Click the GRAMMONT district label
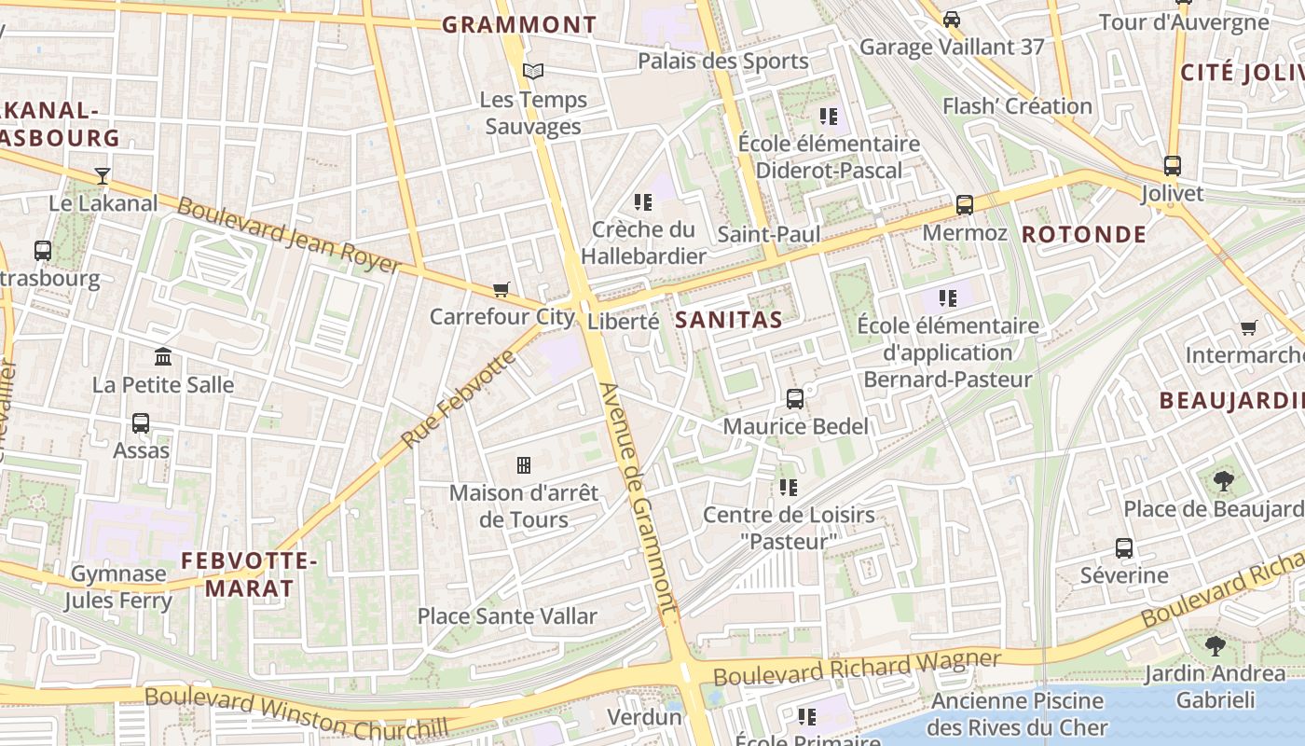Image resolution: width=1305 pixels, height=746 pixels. [x=519, y=25]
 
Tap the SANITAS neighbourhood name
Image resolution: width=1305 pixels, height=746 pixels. [x=728, y=320]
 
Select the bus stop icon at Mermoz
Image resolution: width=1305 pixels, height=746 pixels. [x=965, y=205]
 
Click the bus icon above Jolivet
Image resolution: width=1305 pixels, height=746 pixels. [x=1173, y=166]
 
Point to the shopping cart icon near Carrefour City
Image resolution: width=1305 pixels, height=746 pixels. [x=501, y=289]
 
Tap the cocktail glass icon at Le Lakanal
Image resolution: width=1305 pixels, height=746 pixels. [x=103, y=175]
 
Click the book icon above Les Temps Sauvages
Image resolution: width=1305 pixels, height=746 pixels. [x=533, y=71]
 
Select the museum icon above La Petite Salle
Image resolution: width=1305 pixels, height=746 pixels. [x=163, y=356]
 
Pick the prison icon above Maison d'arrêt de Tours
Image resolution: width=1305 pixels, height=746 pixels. [x=524, y=464]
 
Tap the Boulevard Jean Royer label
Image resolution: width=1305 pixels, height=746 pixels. [x=288, y=236]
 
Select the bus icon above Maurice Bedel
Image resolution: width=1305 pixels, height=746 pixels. [x=795, y=399]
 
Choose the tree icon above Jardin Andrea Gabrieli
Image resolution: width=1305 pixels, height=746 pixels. [x=1215, y=645]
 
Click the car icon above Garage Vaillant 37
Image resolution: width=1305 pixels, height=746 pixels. [x=952, y=19]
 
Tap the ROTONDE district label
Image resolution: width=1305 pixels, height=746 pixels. [x=1084, y=234]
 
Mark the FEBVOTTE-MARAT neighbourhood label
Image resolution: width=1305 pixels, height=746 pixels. [x=249, y=574]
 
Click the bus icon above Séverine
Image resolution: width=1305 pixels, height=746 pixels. [x=1124, y=547]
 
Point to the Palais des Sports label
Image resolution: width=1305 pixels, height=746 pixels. [x=723, y=62]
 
